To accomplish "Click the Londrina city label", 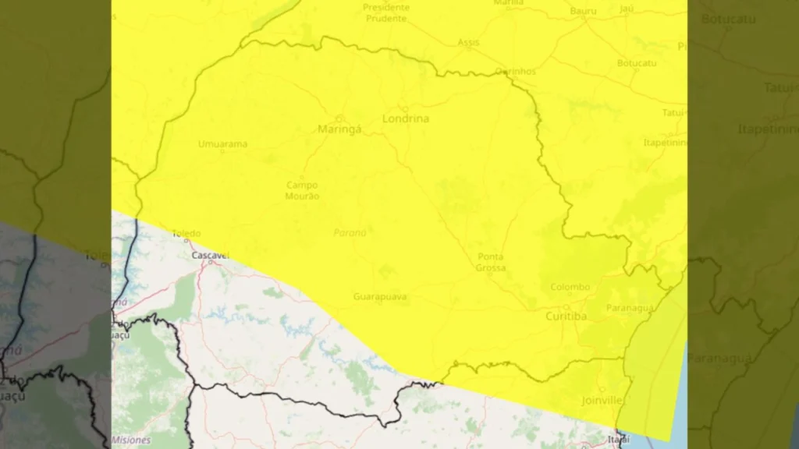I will click(x=406, y=119).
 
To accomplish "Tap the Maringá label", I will click(x=339, y=129).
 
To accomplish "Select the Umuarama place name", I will click(x=222, y=144).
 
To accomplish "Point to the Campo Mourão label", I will click(x=302, y=190).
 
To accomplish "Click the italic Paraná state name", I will click(x=350, y=232).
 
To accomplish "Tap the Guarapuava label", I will click(x=380, y=297).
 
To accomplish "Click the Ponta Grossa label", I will click(x=491, y=262).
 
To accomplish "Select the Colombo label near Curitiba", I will click(x=570, y=287).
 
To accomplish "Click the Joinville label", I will click(x=602, y=401).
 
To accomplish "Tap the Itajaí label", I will click(x=618, y=440).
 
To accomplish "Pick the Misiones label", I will click(x=130, y=440).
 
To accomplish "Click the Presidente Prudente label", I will click(x=385, y=13).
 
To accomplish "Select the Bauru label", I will click(x=583, y=11).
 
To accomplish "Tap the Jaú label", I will click(x=627, y=9).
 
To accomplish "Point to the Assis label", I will click(x=468, y=42).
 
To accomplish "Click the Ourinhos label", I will click(x=516, y=71).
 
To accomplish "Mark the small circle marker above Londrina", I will click(x=404, y=108).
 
